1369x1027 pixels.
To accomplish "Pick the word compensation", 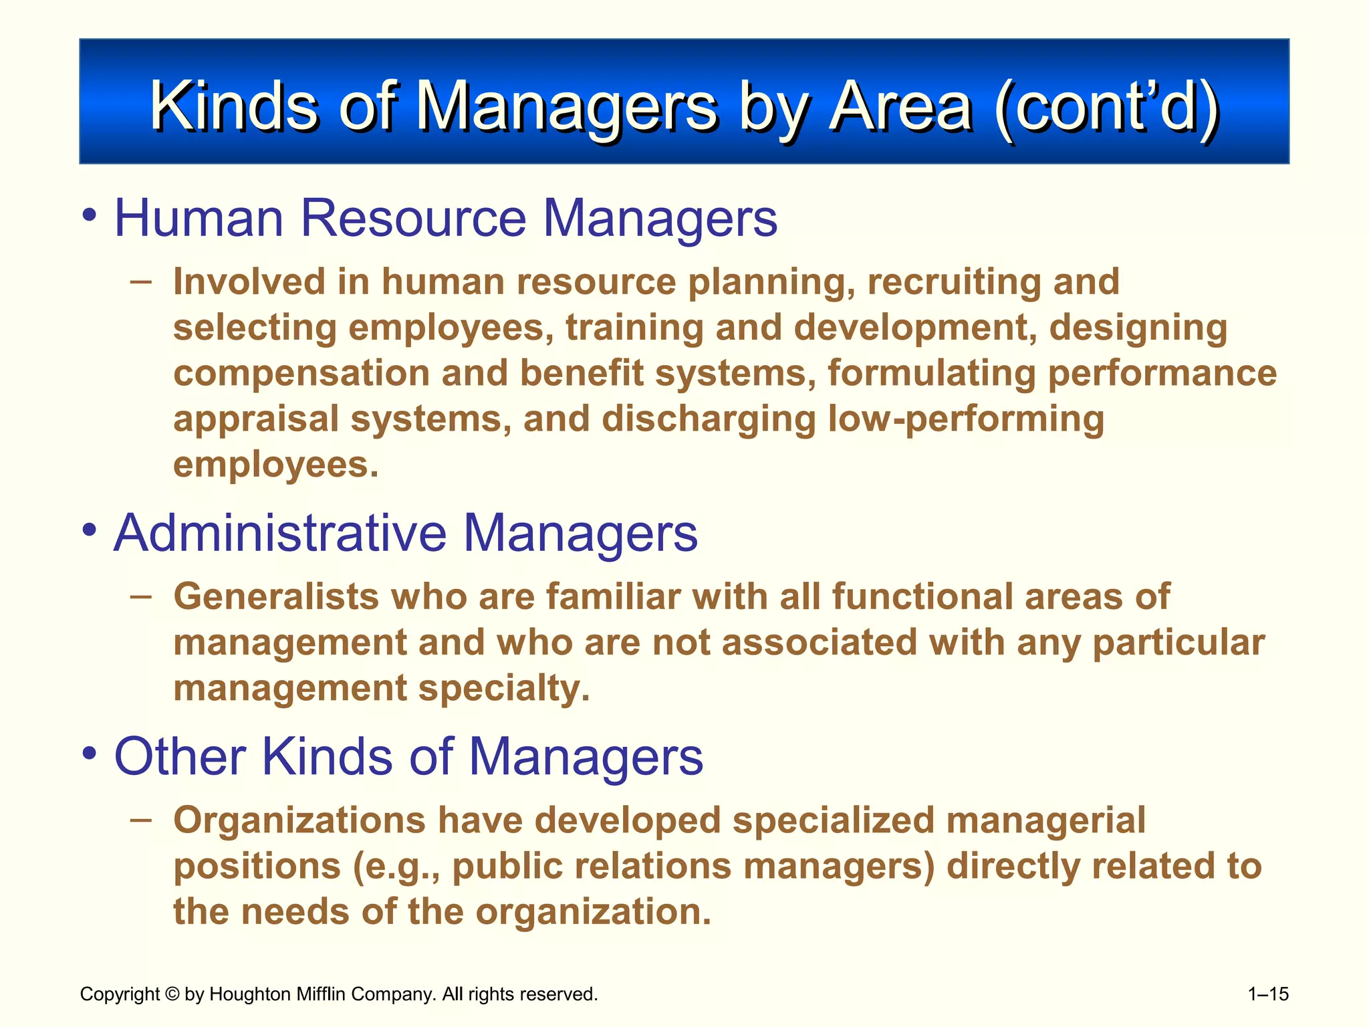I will click(301, 373).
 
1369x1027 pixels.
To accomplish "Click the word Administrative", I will click(280, 533).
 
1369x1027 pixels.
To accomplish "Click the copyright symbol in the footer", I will click(172, 994).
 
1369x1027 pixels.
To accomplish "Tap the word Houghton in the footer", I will click(249, 994).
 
